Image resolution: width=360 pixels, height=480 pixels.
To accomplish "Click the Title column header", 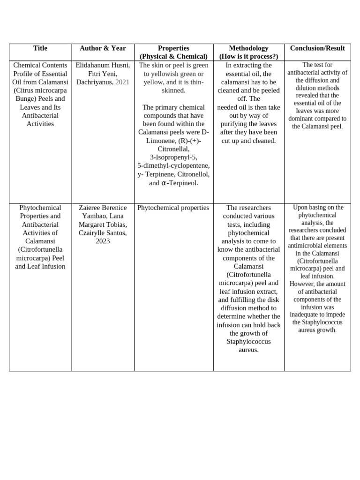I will click(x=40, y=48).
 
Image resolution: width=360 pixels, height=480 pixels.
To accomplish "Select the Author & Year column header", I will click(x=103, y=48).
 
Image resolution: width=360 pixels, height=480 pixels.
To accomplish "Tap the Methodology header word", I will click(x=248, y=48).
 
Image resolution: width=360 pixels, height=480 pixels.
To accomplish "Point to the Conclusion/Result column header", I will click(x=317, y=48).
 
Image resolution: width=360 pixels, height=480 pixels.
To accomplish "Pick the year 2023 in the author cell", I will click(x=103, y=241).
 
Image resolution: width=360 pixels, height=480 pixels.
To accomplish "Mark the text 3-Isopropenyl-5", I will click(x=173, y=157).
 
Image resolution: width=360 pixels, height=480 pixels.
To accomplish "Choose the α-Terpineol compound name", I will click(x=180, y=183).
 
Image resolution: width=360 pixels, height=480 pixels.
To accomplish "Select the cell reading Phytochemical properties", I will click(x=173, y=208).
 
